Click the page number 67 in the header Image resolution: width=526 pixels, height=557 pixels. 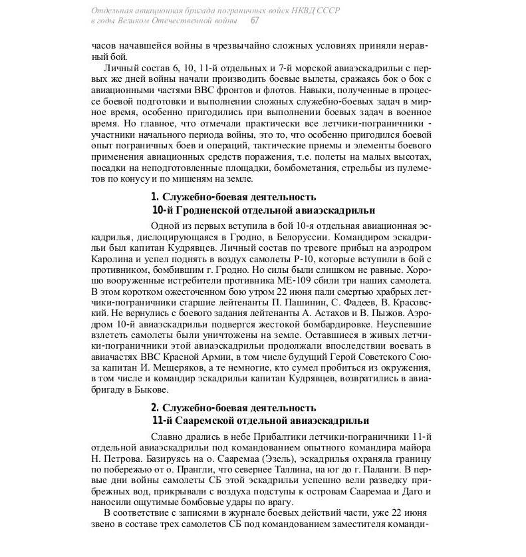point(254,21)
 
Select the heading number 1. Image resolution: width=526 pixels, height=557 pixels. point(155,197)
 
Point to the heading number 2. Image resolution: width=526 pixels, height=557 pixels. point(155,407)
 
